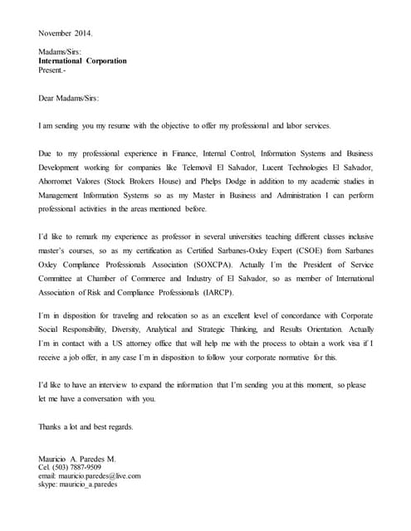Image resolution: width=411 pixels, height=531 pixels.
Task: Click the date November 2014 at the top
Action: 66,33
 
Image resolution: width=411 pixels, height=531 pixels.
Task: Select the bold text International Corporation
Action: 83,61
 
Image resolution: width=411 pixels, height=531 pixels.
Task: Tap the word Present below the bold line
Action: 54,71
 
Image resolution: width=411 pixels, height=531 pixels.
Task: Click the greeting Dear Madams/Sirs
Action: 69,98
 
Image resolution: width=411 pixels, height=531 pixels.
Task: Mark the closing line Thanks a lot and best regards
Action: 86,426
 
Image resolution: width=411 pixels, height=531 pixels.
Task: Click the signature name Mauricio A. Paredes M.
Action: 77,459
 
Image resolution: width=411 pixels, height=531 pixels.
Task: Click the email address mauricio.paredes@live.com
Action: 89,475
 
